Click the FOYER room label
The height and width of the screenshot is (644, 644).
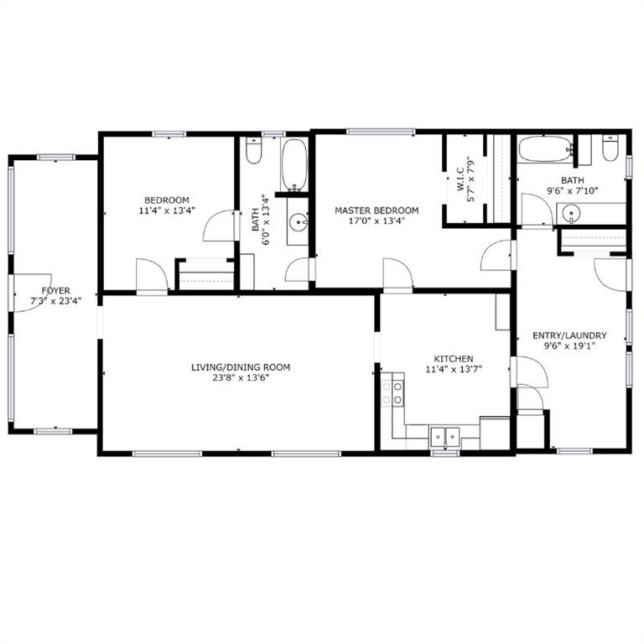tap(56, 291)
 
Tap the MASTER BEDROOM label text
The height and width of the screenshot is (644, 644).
tap(377, 210)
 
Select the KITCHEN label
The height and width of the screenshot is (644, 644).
tap(454, 359)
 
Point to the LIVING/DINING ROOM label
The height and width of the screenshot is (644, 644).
tap(241, 367)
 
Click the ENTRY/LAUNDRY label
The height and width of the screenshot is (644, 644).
tap(569, 335)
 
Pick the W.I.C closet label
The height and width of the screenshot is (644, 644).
tap(460, 179)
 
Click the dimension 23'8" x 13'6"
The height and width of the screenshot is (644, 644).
tap(241, 378)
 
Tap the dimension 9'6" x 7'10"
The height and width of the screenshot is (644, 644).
tap(572, 190)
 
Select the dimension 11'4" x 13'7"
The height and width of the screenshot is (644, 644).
tap(454, 369)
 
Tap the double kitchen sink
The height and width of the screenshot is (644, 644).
tap(444, 437)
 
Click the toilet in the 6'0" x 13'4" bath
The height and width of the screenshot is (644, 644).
tap(253, 150)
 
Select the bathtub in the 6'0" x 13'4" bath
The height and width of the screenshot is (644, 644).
tap(294, 165)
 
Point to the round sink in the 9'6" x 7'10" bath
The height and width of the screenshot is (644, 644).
tap(570, 214)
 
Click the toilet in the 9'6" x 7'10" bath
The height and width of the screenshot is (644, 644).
tap(610, 148)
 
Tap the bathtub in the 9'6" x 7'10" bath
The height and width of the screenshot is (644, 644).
tap(545, 149)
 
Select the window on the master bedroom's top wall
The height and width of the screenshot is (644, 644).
tap(381, 132)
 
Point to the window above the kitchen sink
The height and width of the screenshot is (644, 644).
tap(444, 453)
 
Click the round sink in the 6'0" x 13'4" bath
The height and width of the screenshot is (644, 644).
tap(298, 222)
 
